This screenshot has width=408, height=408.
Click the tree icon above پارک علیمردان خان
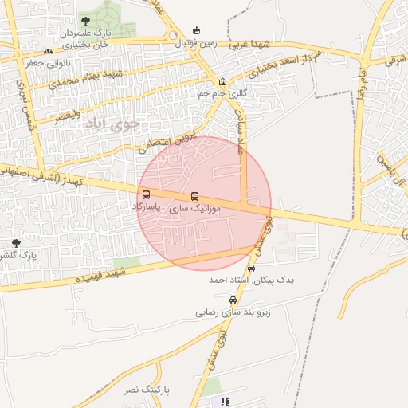[x=86, y=21]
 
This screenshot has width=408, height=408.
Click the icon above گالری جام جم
[x=222, y=82]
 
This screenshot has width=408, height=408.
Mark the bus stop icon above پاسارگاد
[x=146, y=194]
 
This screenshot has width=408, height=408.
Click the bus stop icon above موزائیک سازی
[x=194, y=196]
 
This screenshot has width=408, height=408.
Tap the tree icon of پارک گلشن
[x=16, y=242]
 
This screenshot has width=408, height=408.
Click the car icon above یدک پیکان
[x=252, y=269]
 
